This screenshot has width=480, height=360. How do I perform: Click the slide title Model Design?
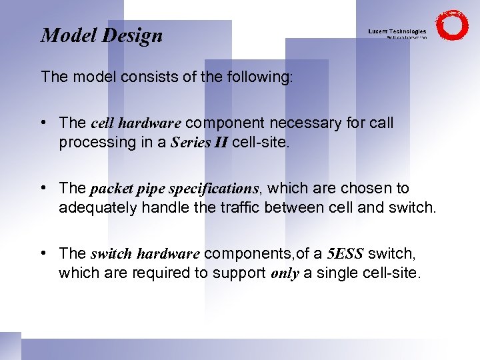(x=102, y=35)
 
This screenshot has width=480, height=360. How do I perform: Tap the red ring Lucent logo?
(x=452, y=25)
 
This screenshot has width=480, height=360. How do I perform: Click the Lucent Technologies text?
(x=397, y=31)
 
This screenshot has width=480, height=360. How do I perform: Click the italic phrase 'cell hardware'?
(x=135, y=123)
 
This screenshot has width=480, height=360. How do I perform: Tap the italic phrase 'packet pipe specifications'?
(x=174, y=189)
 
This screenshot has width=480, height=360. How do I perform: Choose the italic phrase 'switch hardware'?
(x=145, y=254)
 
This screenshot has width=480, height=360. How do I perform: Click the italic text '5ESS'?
(x=345, y=254)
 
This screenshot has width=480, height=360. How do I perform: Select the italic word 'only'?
(x=285, y=273)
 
